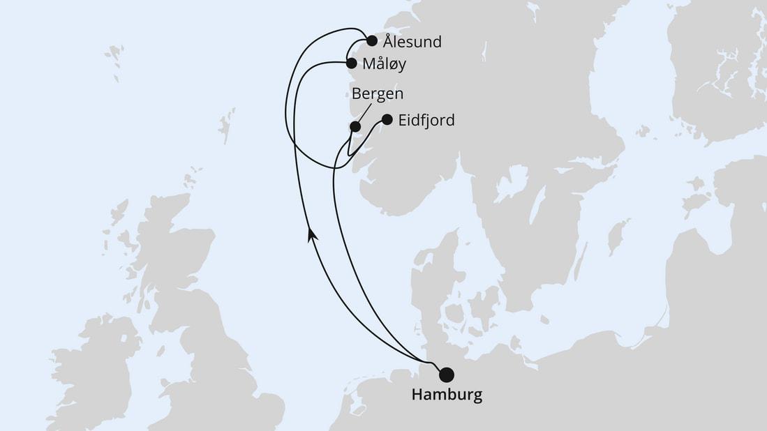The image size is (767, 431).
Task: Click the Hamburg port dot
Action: (445, 375)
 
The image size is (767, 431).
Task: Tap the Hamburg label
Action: (447, 395)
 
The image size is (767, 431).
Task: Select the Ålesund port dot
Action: (372, 40)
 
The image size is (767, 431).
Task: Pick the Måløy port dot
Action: (352, 63)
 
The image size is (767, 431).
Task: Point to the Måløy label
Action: (385, 64)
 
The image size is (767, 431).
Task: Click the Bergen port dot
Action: (355, 126)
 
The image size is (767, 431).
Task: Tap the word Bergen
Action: (378, 94)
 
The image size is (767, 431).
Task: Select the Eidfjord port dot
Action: (387, 119)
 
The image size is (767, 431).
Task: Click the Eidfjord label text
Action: (426, 121)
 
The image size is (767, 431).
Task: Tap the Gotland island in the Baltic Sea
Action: (616, 237)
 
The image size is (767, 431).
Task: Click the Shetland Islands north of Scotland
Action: (226, 126)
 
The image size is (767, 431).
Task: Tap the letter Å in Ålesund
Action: (389, 41)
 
